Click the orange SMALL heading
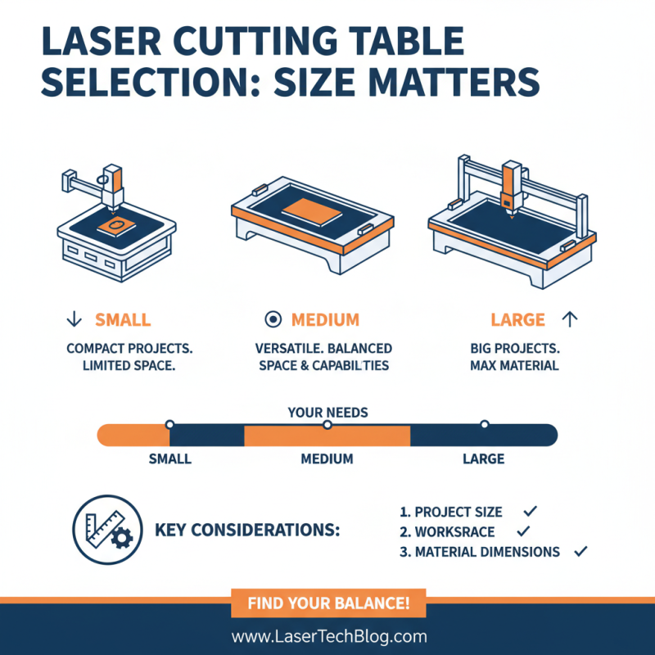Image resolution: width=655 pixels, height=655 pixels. (123, 320)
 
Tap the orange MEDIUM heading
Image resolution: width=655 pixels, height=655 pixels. (325, 320)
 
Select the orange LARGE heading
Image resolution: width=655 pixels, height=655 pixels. (517, 320)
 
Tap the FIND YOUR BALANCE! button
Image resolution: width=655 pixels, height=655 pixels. (327, 605)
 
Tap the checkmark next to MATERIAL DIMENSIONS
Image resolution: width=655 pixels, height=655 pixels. (580, 552)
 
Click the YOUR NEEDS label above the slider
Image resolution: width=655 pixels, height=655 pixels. (327, 413)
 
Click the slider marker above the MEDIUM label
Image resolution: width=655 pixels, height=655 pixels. (327, 425)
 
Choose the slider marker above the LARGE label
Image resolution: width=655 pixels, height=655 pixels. (484, 425)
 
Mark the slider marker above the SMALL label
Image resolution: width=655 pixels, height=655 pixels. (169, 425)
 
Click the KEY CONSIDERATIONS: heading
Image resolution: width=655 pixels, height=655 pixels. (247, 530)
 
